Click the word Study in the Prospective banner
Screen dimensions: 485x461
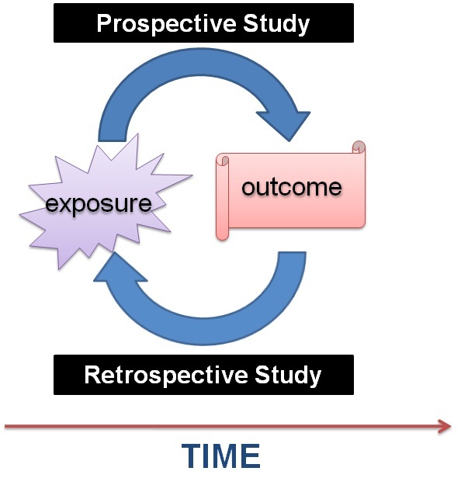(276, 23)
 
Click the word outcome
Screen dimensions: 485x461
(291, 187)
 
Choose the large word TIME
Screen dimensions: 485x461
(221, 456)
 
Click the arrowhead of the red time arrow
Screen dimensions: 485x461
(445, 425)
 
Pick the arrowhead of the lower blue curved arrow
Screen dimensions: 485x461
(121, 268)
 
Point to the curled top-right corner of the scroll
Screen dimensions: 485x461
(358, 148)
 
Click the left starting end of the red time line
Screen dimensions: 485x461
(7, 425)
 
